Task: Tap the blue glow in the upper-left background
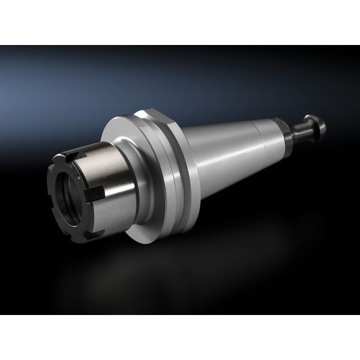pyautogui.click(x=48, y=84)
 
